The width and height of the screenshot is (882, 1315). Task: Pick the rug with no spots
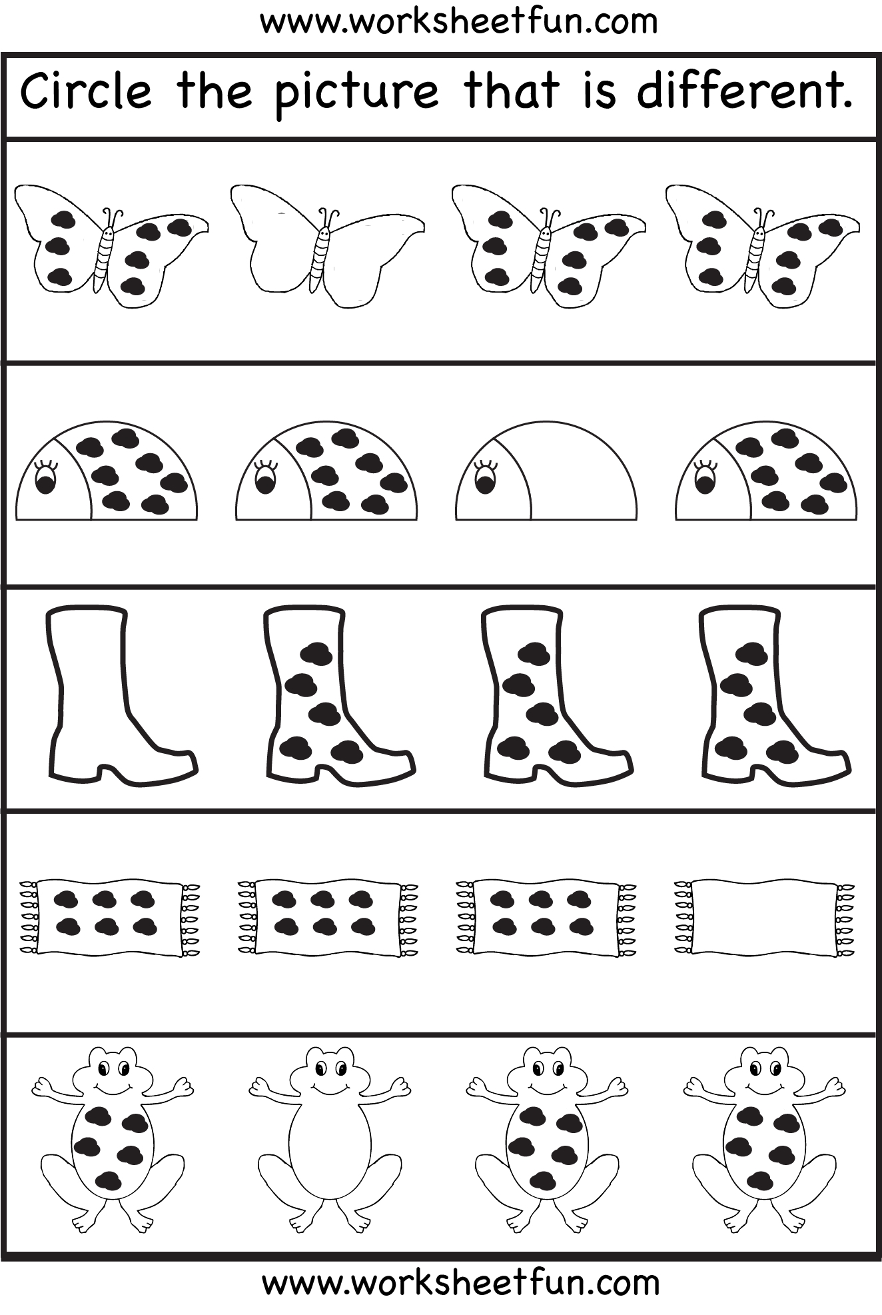pyautogui.click(x=763, y=917)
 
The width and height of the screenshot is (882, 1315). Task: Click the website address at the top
pyautogui.click(x=458, y=21)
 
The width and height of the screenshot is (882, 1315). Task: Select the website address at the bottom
pyautogui.click(x=460, y=1282)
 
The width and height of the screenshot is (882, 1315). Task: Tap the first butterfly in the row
pyautogui.click(x=111, y=247)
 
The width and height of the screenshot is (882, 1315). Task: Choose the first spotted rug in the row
pyautogui.click(x=110, y=917)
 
